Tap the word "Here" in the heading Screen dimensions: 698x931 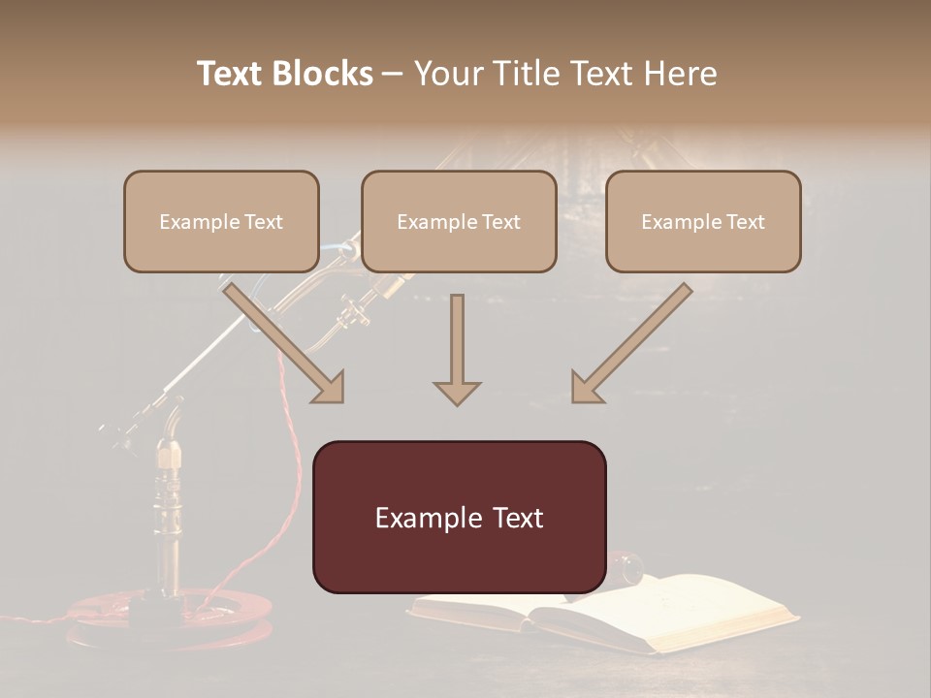(x=683, y=74)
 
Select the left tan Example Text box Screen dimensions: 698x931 (x=221, y=222)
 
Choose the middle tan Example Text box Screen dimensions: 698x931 (x=459, y=222)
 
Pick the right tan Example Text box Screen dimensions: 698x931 (x=703, y=222)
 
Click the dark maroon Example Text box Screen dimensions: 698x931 (x=459, y=517)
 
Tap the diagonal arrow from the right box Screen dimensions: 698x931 (x=630, y=343)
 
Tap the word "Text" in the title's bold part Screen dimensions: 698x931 (x=229, y=74)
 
